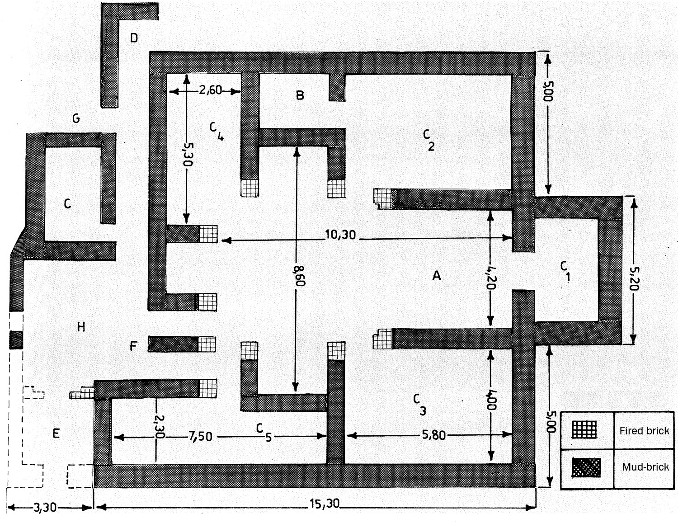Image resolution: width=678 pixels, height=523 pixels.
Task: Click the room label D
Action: [134, 38]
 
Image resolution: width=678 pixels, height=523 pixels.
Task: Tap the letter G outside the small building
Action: [76, 118]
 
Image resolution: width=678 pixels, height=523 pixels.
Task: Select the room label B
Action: [300, 95]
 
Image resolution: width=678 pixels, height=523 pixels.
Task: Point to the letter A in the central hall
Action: [437, 275]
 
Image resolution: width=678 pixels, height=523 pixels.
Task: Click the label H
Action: [81, 327]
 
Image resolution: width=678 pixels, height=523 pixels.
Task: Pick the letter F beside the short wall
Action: [133, 346]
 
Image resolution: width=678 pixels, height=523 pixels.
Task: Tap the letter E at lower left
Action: [56, 433]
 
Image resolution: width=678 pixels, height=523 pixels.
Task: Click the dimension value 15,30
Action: [324, 503]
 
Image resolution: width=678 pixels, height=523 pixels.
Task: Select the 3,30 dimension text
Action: [45, 508]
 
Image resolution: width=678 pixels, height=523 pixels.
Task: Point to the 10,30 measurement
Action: [340, 234]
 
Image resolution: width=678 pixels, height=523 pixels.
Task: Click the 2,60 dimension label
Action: [211, 90]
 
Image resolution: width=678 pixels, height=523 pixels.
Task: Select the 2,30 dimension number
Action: [160, 427]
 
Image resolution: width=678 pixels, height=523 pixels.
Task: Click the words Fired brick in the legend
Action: [644, 431]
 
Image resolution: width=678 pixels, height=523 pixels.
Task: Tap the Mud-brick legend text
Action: [645, 466]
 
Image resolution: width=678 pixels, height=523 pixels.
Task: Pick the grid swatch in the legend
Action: [584, 430]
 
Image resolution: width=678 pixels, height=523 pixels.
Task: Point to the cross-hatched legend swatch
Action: [586, 467]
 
